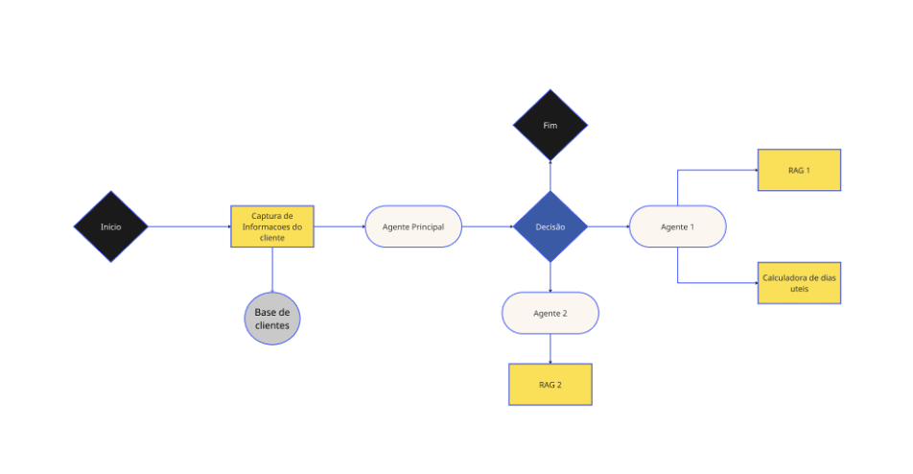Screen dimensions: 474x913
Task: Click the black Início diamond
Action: (111, 227)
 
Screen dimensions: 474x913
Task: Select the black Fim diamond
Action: (550, 126)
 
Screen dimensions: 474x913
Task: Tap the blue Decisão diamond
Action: (550, 227)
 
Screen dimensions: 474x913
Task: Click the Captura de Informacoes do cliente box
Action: (272, 227)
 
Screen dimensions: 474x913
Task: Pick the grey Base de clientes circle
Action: (272, 318)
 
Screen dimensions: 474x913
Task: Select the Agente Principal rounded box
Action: (413, 227)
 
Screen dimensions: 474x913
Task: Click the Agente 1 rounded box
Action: (677, 227)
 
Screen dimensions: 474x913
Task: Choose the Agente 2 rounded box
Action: (550, 313)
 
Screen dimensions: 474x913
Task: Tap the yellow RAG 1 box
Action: (799, 170)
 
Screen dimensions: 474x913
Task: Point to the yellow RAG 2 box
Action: (550, 385)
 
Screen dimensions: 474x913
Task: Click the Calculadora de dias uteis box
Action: (799, 283)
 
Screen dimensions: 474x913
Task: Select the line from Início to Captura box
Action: (190, 227)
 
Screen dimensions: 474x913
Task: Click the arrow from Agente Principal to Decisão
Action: (487, 227)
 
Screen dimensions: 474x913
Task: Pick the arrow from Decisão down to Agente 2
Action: (550, 277)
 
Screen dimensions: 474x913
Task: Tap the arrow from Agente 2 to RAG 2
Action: (550, 348)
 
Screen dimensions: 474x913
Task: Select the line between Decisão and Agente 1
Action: (607, 227)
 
